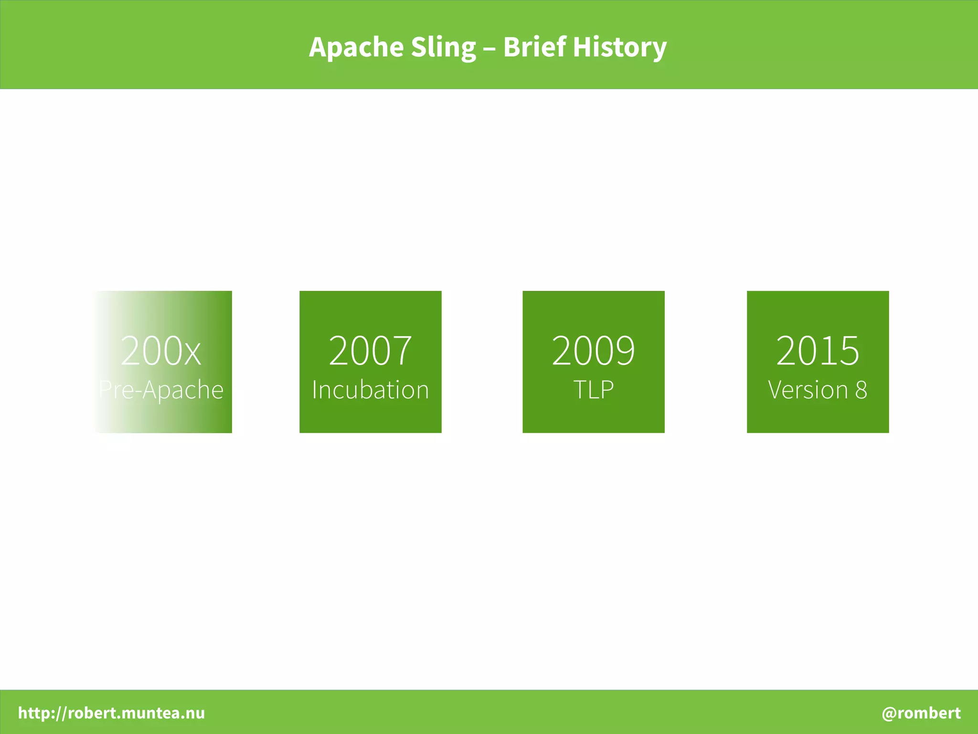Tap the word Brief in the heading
click(x=534, y=47)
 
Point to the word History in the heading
click(x=619, y=47)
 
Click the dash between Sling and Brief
click(x=489, y=48)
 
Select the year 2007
click(x=370, y=351)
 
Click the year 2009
click(x=593, y=351)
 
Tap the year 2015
click(x=818, y=351)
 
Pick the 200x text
click(x=160, y=351)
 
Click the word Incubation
click(x=370, y=390)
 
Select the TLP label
click(x=593, y=390)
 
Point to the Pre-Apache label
click(x=161, y=390)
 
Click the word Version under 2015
click(x=808, y=390)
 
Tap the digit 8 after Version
click(x=861, y=390)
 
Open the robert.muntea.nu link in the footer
click(x=111, y=713)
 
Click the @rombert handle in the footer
click(x=921, y=713)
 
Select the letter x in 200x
click(x=192, y=353)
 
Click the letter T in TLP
click(x=579, y=390)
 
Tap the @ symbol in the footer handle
click(x=889, y=713)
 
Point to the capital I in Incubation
click(x=315, y=390)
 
